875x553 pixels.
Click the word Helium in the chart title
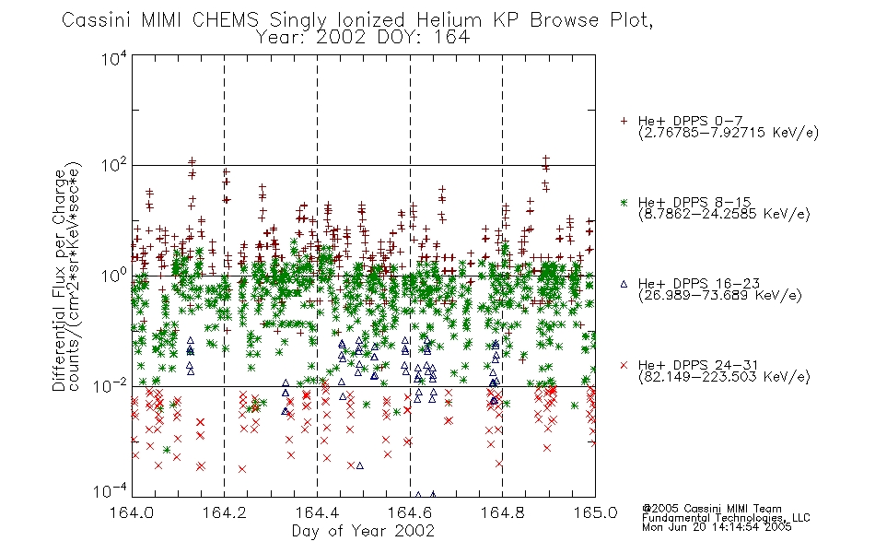click(x=449, y=20)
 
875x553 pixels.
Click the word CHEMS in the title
click(x=225, y=20)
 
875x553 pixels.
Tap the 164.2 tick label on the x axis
click(x=225, y=512)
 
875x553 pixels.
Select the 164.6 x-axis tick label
click(x=410, y=512)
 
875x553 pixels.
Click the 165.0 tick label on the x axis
click(x=595, y=512)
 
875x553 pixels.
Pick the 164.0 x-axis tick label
click(x=132, y=512)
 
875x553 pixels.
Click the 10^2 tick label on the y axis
click(x=114, y=166)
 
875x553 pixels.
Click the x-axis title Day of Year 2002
click(x=363, y=531)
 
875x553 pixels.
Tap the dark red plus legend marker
click(x=624, y=121)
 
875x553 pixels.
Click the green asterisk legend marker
click(x=624, y=203)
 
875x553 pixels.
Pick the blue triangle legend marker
click(x=624, y=284)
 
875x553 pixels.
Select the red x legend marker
click(x=624, y=365)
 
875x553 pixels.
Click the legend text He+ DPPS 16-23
click(x=699, y=284)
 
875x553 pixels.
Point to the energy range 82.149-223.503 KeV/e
click(x=724, y=377)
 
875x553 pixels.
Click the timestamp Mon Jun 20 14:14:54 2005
click(x=717, y=527)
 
